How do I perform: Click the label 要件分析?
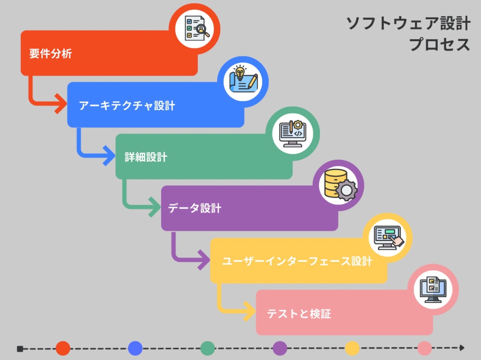(x=51, y=54)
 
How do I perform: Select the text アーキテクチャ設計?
(x=127, y=105)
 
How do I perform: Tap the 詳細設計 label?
(x=146, y=157)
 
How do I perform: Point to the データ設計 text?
(x=194, y=208)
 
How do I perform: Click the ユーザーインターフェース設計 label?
(x=297, y=261)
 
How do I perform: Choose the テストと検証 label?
(x=299, y=314)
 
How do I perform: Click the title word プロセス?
(x=439, y=44)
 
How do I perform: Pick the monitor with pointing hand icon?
(x=389, y=238)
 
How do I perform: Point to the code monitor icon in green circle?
(x=293, y=134)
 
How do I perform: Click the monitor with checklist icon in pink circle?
(x=433, y=290)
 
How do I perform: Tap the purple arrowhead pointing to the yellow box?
(x=204, y=260)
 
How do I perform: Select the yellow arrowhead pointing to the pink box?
(x=249, y=311)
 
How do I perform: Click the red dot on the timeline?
(x=63, y=348)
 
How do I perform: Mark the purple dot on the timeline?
(x=280, y=348)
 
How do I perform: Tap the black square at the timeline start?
(x=20, y=349)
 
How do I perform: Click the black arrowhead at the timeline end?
(x=462, y=348)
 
